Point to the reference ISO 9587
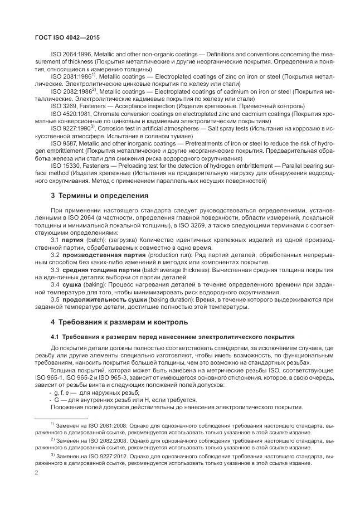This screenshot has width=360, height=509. point(64,143)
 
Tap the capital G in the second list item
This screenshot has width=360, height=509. point(56,400)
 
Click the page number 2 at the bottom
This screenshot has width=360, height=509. point(36,474)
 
